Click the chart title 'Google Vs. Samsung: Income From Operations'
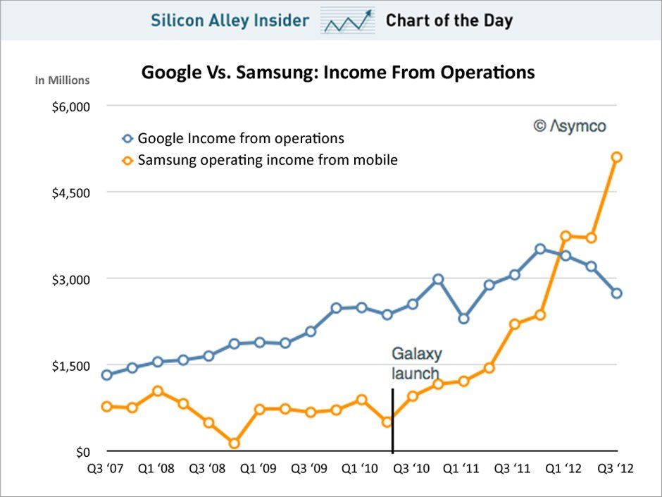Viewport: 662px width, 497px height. click(x=338, y=73)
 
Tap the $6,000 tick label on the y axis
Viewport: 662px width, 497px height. click(x=71, y=106)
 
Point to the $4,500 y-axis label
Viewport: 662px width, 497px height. click(x=71, y=192)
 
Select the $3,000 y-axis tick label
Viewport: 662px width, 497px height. click(x=71, y=279)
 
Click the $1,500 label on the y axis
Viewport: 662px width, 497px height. click(x=71, y=365)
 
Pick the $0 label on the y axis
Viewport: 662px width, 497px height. click(x=84, y=452)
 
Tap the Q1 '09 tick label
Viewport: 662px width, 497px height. click(x=259, y=468)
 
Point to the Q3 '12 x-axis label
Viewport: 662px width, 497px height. click(x=616, y=468)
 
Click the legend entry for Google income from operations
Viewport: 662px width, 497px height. click(x=240, y=139)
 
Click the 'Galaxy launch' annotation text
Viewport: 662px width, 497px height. click(x=415, y=363)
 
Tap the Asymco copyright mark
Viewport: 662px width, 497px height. click(x=569, y=126)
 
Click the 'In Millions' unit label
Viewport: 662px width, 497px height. click(x=63, y=80)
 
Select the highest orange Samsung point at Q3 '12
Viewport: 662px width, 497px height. click(x=616, y=157)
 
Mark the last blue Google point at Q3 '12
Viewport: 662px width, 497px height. click(x=616, y=293)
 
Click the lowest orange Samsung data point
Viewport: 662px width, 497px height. click(x=235, y=443)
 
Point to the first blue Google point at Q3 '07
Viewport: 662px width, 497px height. click(x=107, y=375)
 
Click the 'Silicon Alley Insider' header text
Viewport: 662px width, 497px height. click(x=230, y=20)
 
